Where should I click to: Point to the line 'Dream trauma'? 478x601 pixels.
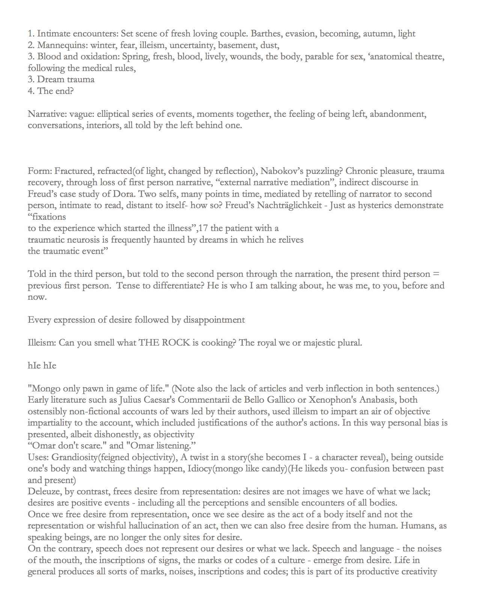61,80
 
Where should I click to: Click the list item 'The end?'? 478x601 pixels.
51,91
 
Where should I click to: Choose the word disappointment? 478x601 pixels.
214,320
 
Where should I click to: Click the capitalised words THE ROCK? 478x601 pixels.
164,343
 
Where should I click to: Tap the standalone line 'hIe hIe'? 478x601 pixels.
42,366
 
